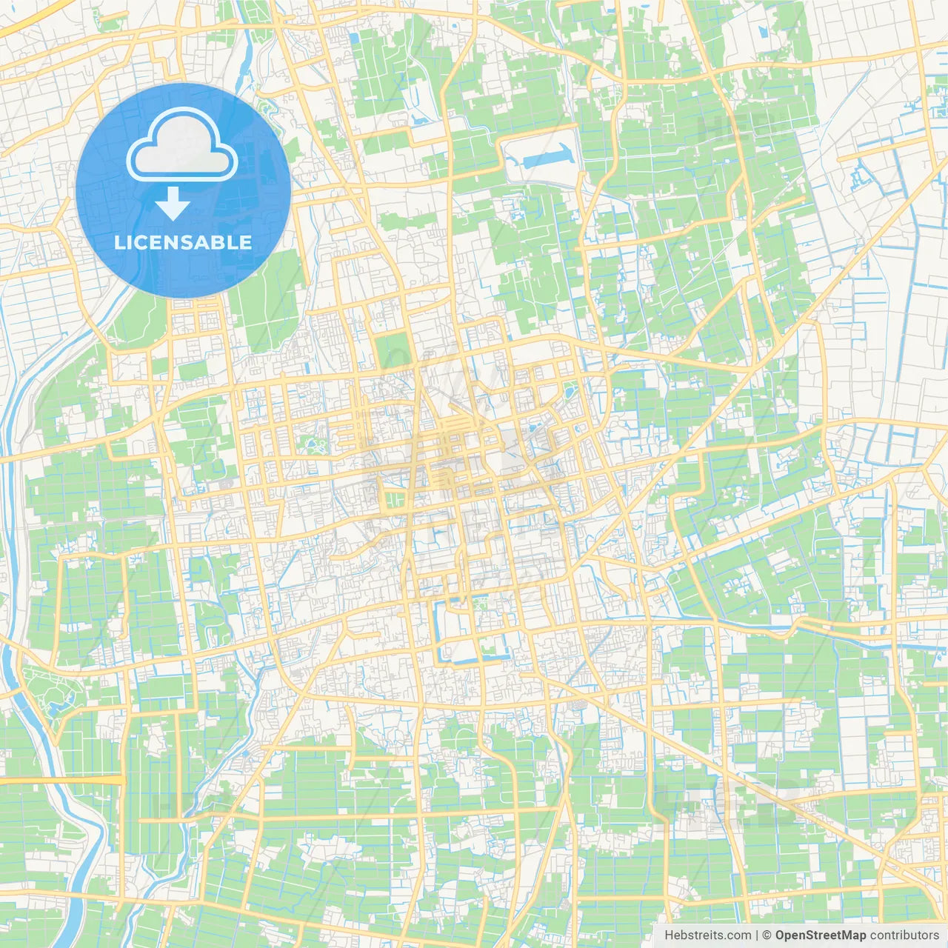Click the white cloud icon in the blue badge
[x=182, y=149]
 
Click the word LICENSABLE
[x=183, y=243]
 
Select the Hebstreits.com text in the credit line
[x=707, y=935]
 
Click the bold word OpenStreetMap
[x=821, y=935]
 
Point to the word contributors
[x=904, y=935]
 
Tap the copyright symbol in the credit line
[x=767, y=935]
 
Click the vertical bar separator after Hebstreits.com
[x=756, y=935]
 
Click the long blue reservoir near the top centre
[x=548, y=156]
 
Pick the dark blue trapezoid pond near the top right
[x=764, y=33]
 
